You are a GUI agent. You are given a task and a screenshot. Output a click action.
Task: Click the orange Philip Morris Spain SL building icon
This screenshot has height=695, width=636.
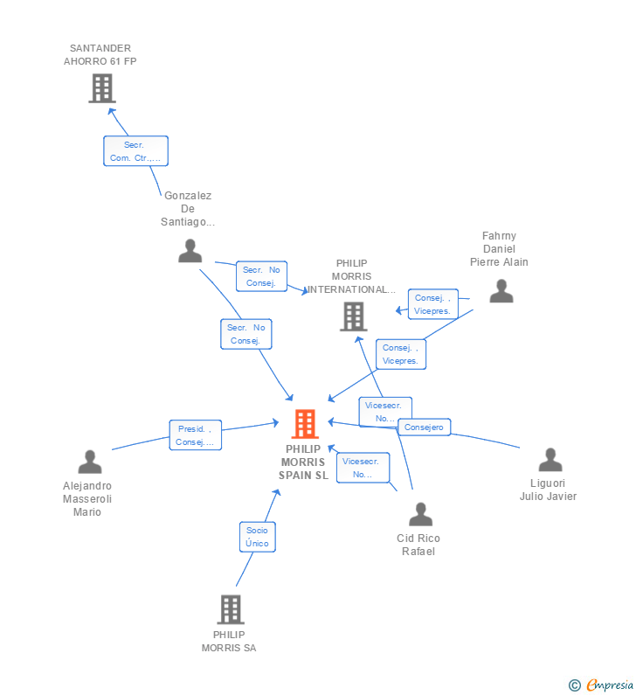[305, 424]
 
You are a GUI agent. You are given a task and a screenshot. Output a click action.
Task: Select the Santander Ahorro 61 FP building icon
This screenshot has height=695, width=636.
[102, 88]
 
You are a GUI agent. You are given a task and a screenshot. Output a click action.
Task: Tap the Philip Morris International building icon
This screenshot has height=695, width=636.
[353, 316]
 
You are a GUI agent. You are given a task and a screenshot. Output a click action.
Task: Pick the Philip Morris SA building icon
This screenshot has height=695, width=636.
[230, 609]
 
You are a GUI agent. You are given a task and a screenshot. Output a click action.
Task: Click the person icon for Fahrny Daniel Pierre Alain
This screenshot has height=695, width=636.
[501, 291]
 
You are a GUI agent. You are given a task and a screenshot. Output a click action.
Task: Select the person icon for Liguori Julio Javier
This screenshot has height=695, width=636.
[550, 460]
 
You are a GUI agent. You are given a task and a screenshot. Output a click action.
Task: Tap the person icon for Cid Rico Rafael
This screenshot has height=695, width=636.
[420, 514]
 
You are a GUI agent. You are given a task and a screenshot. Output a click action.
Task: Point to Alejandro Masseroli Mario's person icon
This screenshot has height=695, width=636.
[89, 462]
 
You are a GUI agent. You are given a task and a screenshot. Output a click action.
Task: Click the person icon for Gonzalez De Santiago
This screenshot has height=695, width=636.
[190, 251]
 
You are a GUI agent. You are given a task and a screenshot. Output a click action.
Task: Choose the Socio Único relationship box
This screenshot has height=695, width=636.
[257, 536]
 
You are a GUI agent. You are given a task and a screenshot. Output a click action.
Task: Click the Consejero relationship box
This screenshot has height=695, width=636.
[425, 427]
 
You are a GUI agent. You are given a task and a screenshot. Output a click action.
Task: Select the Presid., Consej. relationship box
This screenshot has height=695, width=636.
[195, 434]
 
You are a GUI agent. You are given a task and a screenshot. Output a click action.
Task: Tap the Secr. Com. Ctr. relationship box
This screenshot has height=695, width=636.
[135, 151]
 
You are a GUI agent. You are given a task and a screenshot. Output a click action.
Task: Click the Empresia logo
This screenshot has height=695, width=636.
[609, 685]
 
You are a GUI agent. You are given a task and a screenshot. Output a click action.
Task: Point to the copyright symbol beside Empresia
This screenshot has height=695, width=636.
[574, 685]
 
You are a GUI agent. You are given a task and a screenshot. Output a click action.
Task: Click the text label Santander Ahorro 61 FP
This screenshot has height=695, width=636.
[100, 55]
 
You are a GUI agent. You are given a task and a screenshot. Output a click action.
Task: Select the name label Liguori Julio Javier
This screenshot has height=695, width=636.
[548, 490]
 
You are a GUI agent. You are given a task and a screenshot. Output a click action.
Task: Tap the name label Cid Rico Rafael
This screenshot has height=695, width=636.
[418, 545]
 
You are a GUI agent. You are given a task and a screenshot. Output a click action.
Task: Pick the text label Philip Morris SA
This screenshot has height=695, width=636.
[229, 642]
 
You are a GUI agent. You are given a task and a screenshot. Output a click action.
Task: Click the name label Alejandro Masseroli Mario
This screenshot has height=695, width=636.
[87, 498]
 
